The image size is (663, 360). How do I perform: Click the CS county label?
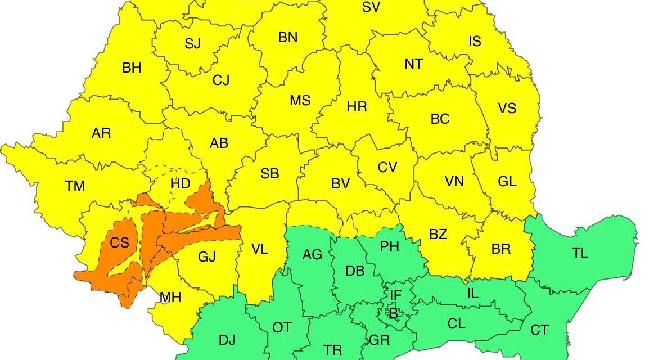pyautogui.click(x=119, y=243)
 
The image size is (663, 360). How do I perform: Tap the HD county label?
pyautogui.click(x=180, y=183)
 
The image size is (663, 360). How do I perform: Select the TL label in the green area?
pyautogui.click(x=580, y=253)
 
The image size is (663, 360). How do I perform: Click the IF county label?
pyautogui.click(x=396, y=294)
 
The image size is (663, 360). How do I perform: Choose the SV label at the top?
pyautogui.click(x=371, y=7)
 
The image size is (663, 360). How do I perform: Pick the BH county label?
pyautogui.click(x=132, y=68)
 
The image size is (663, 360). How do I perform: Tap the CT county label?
pyautogui.click(x=539, y=330)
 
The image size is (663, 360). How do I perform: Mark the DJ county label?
pyautogui.click(x=227, y=340)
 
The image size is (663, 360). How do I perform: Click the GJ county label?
pyautogui.click(x=207, y=257)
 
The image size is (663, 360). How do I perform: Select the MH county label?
pyautogui.click(x=170, y=298)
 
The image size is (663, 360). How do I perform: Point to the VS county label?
pyautogui.click(x=507, y=108)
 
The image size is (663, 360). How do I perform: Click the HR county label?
pyautogui.click(x=357, y=107)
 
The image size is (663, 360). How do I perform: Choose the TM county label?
pyautogui.click(x=75, y=186)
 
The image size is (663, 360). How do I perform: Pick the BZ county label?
pyautogui.click(x=438, y=234)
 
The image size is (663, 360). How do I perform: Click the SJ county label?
pyautogui.click(x=192, y=44)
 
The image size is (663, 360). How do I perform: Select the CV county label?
pyautogui.click(x=387, y=167)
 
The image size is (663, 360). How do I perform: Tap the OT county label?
pyautogui.click(x=281, y=327)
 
